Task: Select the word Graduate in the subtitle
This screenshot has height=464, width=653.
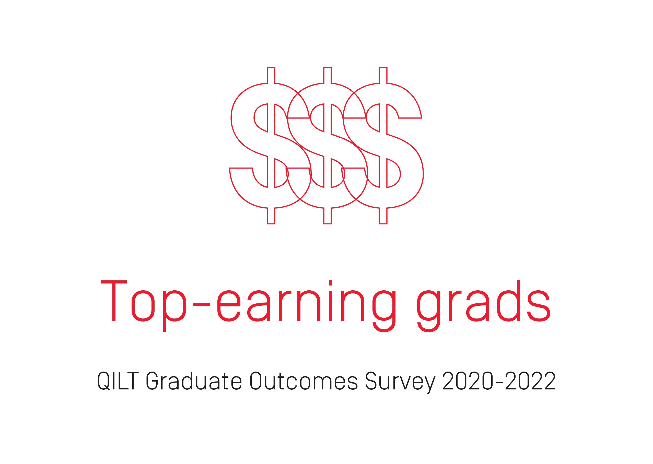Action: click(x=194, y=381)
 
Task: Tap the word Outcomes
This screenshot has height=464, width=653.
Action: click(x=304, y=381)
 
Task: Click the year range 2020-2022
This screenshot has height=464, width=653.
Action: click(x=499, y=381)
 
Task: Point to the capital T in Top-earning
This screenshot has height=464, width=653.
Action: click(x=114, y=301)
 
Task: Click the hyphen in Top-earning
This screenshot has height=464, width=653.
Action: click(x=202, y=305)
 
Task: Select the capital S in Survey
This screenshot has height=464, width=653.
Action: click(x=371, y=381)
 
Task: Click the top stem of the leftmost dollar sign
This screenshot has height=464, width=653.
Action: click(x=271, y=75)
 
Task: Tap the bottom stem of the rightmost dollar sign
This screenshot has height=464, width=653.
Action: click(x=383, y=216)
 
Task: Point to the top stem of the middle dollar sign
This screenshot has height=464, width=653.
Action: click(x=328, y=75)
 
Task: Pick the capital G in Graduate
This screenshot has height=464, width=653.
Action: click(x=153, y=381)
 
